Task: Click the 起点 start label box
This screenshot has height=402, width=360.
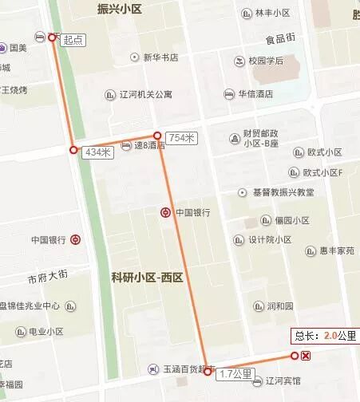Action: tap(73, 39)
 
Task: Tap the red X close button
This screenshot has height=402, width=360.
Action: tap(307, 356)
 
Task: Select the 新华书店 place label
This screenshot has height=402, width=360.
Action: tap(160, 57)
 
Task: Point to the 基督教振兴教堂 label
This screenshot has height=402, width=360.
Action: tap(283, 192)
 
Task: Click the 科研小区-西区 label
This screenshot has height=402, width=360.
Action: tap(148, 278)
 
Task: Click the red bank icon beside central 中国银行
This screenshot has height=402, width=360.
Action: tap(164, 212)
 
